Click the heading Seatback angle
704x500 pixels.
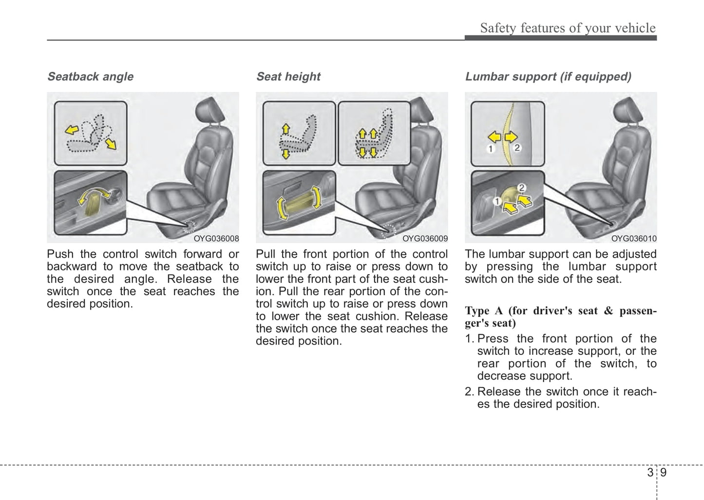[x=90, y=77]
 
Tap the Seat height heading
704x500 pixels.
[x=288, y=77]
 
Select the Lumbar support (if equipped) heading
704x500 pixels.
[x=548, y=77]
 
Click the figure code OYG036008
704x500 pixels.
[x=216, y=239]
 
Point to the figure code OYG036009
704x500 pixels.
[x=425, y=239]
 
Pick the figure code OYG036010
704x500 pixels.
[x=634, y=239]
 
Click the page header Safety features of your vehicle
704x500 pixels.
[x=568, y=28]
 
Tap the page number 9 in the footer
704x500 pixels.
[x=664, y=473]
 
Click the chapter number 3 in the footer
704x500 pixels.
[x=650, y=473]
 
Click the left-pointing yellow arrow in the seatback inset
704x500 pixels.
[x=72, y=129]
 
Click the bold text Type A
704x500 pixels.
[x=483, y=311]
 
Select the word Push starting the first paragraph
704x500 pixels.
[x=60, y=254]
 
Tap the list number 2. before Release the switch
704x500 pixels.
[x=469, y=392]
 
